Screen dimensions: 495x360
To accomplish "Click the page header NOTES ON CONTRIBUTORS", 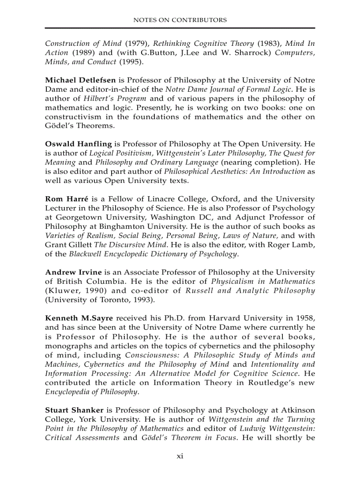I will coord(180,20).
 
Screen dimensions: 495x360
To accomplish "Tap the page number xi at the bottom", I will coord(180,456).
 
